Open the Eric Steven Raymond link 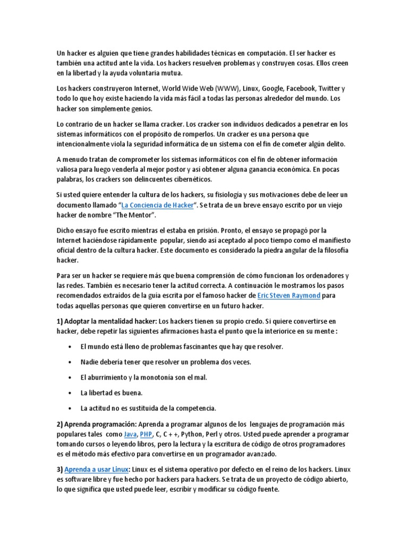[x=288, y=295]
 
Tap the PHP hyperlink [x=146, y=434]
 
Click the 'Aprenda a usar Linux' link [x=97, y=470]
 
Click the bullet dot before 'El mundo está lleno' [x=71, y=346]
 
